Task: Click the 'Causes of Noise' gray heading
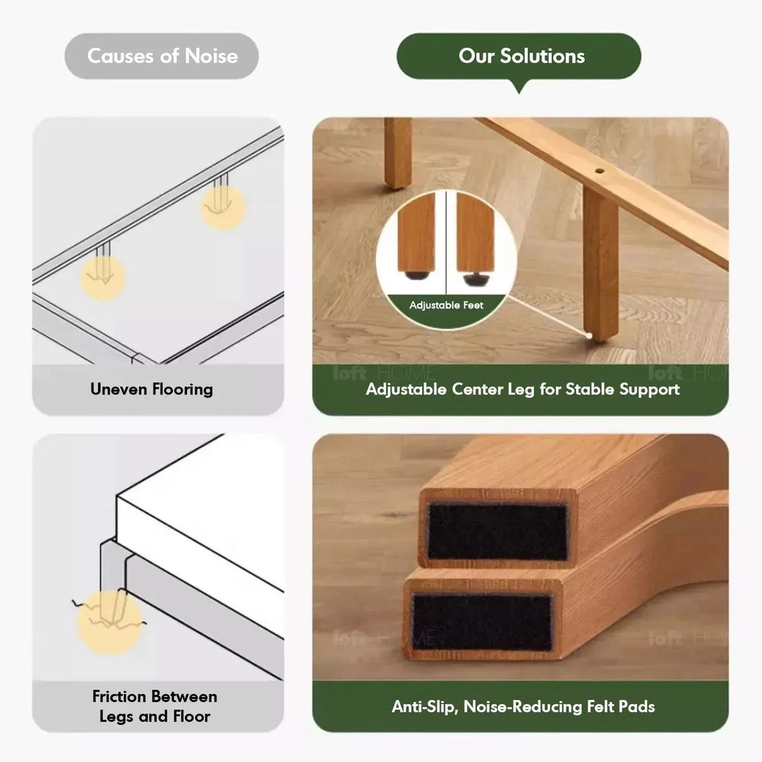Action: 162,56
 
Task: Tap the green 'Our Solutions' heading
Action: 521,56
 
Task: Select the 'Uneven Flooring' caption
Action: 152,389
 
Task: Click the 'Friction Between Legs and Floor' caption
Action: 155,706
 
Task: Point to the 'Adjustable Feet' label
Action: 447,306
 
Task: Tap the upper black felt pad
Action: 497,531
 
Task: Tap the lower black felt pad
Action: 482,622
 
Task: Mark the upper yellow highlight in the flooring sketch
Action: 223,207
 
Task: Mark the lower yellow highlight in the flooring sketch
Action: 103,277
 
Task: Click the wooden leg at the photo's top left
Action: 398,152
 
